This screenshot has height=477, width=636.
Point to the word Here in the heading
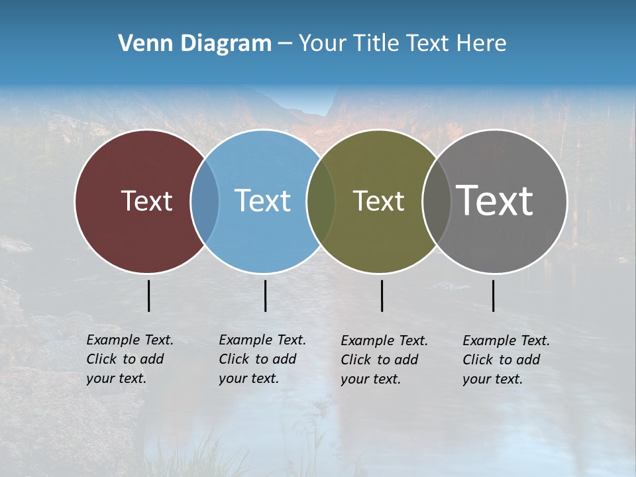tap(482, 44)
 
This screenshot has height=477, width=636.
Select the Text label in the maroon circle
tap(146, 201)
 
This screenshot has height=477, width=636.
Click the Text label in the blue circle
tap(263, 201)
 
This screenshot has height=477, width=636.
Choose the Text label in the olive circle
tap(378, 201)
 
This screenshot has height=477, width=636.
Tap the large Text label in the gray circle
tap(495, 201)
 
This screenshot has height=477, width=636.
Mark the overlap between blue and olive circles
tap(321, 201)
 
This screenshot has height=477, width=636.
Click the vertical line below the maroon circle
tap(148, 295)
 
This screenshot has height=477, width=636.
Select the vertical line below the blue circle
tap(265, 295)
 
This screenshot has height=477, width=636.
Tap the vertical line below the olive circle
tap(382, 295)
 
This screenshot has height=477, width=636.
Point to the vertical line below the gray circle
tap(493, 295)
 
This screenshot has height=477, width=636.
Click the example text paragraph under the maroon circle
tap(129, 359)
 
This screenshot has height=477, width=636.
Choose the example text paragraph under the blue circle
tap(262, 359)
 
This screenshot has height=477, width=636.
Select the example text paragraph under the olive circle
tap(384, 360)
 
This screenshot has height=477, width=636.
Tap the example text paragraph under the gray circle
tap(505, 360)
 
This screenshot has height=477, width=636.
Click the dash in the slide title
tap(285, 44)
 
